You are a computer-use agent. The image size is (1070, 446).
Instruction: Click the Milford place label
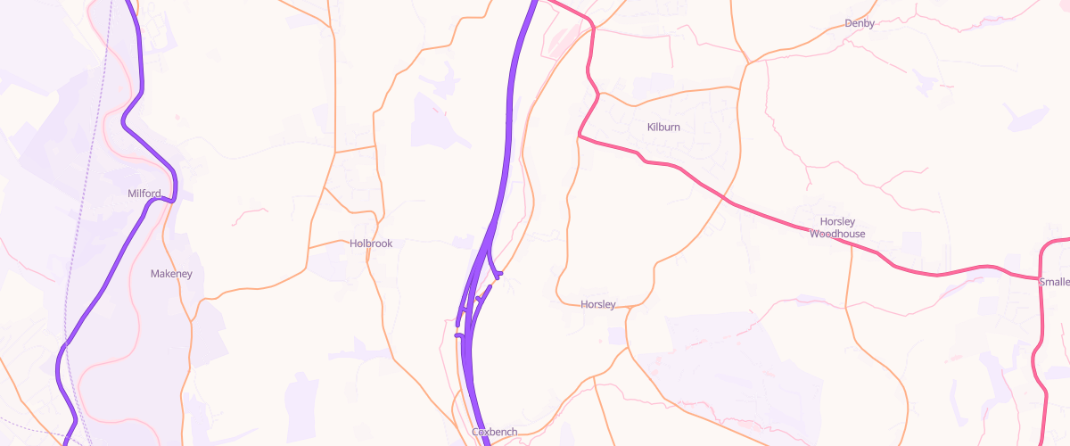coord(144,194)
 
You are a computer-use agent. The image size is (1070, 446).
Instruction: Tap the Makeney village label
coord(171,274)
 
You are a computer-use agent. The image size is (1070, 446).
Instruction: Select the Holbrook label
coord(371,244)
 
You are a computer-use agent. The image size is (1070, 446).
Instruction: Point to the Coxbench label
coord(494,432)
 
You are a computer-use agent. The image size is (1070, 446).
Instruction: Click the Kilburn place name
coord(663,128)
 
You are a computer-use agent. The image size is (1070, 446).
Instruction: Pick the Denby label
coord(859,23)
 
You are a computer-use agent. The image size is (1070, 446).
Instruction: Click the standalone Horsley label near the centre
coord(597,304)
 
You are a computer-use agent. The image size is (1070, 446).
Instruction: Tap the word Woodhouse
coord(837,235)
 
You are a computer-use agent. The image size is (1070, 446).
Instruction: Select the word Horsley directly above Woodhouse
coord(837,221)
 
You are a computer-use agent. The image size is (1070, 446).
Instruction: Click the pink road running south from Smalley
coord(1039,357)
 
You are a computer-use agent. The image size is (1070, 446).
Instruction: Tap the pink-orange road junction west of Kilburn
coord(580,136)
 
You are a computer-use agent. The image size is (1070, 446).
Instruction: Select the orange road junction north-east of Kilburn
coord(747,62)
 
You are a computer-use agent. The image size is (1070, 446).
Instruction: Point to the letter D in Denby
coord(847,23)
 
